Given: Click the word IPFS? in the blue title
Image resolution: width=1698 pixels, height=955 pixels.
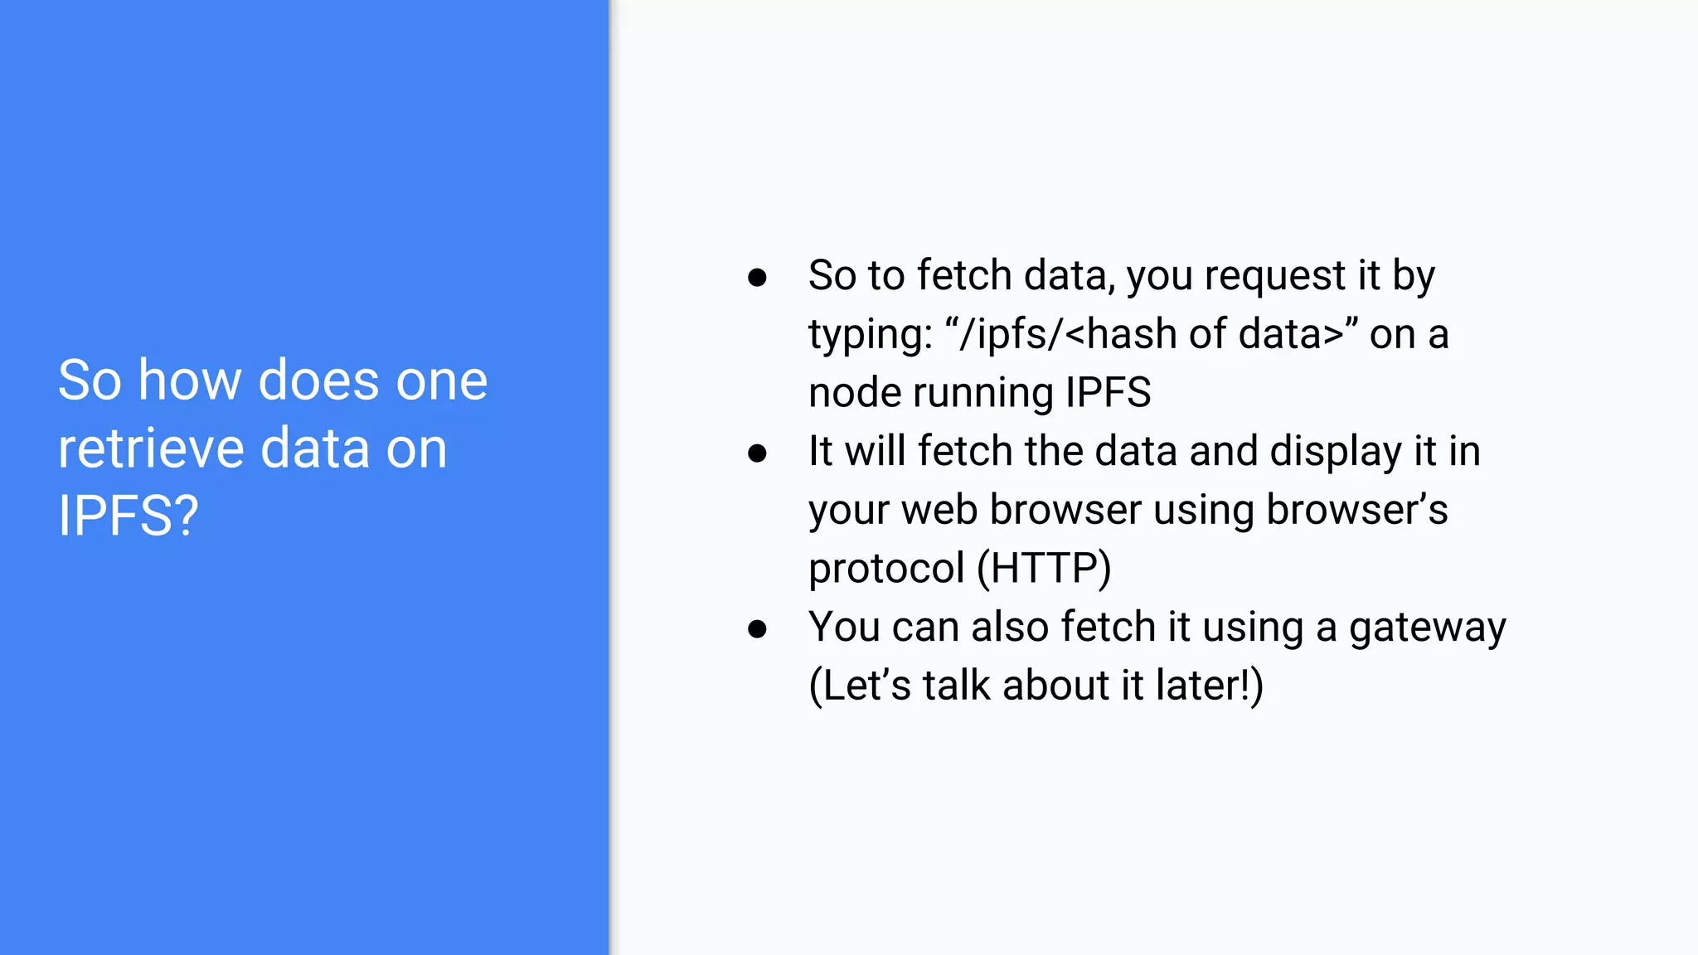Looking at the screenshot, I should (129, 516).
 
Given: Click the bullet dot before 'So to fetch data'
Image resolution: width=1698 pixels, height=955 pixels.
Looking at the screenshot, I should (757, 278).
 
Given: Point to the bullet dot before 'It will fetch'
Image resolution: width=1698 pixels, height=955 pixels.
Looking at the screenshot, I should (757, 453).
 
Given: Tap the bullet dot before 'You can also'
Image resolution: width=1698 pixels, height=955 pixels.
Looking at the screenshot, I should (757, 629).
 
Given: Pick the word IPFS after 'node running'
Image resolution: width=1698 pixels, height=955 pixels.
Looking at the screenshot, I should (1108, 393).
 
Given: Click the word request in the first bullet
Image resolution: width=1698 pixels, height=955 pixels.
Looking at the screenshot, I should (1274, 276).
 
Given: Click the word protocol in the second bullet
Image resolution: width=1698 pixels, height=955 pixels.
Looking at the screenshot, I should (885, 570).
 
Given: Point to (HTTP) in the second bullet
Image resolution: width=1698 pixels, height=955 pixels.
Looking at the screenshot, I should (1044, 569).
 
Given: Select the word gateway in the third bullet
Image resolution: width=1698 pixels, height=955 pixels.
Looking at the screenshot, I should (1427, 628).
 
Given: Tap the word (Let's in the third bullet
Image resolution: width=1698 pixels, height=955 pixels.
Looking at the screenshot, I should (859, 686).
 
